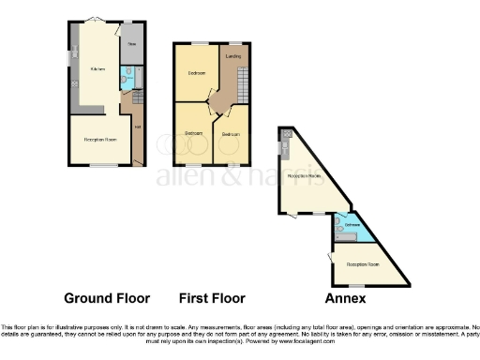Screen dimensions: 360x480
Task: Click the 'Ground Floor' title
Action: [107, 298]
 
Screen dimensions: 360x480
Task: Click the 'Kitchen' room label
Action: [97, 70]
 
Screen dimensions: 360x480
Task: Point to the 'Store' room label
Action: [132, 44]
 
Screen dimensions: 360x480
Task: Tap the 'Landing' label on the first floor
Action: [233, 58]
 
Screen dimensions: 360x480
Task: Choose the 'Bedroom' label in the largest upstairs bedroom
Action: [197, 72]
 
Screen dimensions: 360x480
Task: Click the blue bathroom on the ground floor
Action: [127, 79]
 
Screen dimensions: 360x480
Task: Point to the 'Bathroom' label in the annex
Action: [352, 226]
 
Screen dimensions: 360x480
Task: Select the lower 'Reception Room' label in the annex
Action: [363, 264]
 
